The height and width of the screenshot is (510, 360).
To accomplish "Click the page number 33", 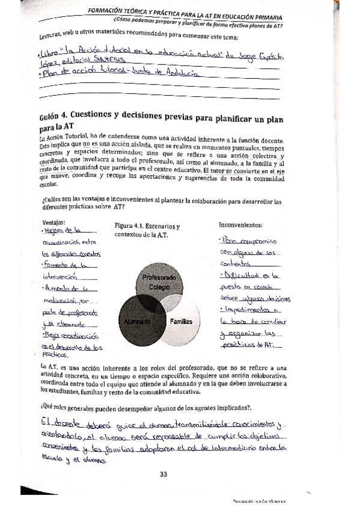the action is tap(163, 474).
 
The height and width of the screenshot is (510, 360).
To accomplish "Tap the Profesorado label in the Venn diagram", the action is tap(158, 278).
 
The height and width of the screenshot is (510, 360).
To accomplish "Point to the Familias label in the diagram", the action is tap(180, 322).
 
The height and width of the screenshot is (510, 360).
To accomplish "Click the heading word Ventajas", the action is tap(54, 222).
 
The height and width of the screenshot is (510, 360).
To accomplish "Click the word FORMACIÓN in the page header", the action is tap(112, 11).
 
